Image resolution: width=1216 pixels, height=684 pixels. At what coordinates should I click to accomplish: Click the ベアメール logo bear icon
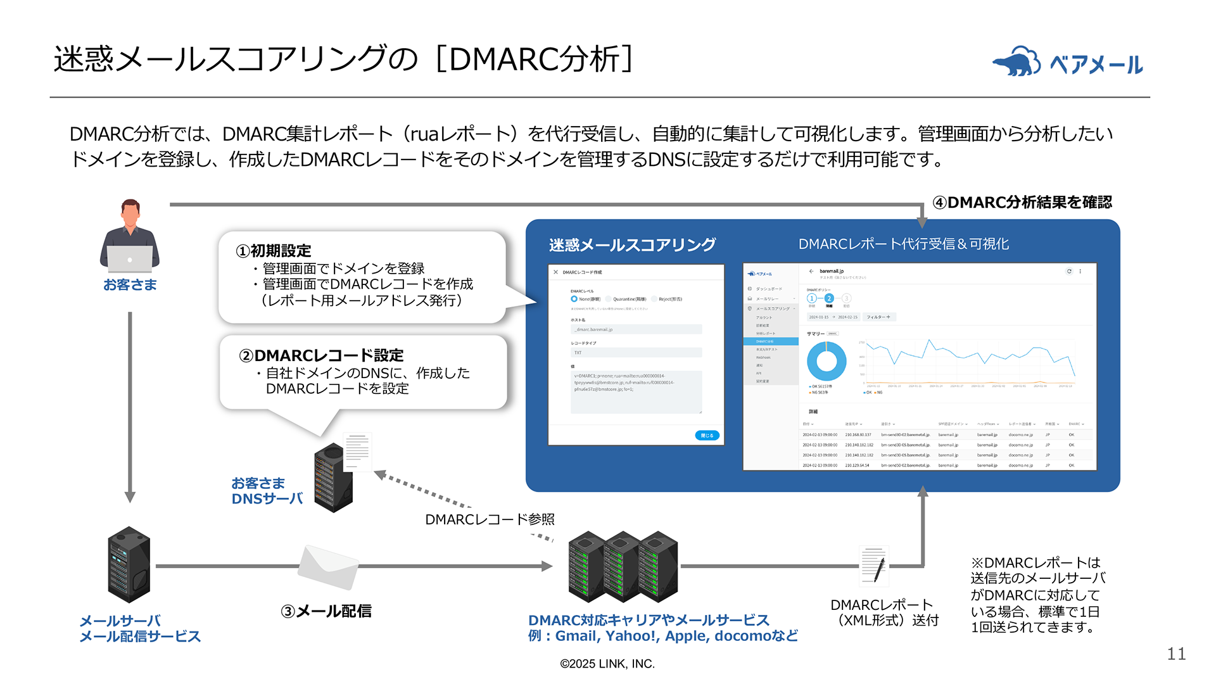coord(1016,62)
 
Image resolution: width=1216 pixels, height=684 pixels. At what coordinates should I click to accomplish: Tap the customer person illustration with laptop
coord(130,236)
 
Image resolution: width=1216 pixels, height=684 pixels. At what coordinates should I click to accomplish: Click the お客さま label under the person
coord(130,285)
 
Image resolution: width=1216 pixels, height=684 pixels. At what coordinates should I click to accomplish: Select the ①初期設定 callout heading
coord(274,251)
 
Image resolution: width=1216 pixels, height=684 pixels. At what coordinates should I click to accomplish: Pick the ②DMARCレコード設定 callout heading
coord(321,355)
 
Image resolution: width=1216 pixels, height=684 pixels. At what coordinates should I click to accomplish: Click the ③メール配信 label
coord(326,611)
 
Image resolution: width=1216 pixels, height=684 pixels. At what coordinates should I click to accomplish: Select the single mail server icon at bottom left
coord(129,564)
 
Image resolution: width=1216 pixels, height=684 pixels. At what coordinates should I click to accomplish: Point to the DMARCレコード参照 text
coord(490,519)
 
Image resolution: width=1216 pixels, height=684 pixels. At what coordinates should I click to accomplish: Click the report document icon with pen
coord(874,566)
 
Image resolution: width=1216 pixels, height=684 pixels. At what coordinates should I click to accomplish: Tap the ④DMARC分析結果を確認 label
coord(1022,202)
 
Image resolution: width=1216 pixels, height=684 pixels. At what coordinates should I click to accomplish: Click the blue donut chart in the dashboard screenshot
coord(826,361)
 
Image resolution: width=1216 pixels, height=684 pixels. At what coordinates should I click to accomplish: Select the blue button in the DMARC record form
coord(707,435)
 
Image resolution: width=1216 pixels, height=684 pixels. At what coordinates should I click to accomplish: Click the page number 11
coord(1176,654)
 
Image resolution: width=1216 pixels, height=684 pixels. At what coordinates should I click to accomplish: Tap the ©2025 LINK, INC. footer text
coord(607,664)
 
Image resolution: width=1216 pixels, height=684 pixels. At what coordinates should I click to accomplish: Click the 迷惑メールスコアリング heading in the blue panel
coord(632,244)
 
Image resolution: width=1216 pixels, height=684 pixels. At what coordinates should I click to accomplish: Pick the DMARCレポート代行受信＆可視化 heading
coord(903,244)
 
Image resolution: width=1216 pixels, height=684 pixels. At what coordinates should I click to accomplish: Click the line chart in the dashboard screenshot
coord(969,361)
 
